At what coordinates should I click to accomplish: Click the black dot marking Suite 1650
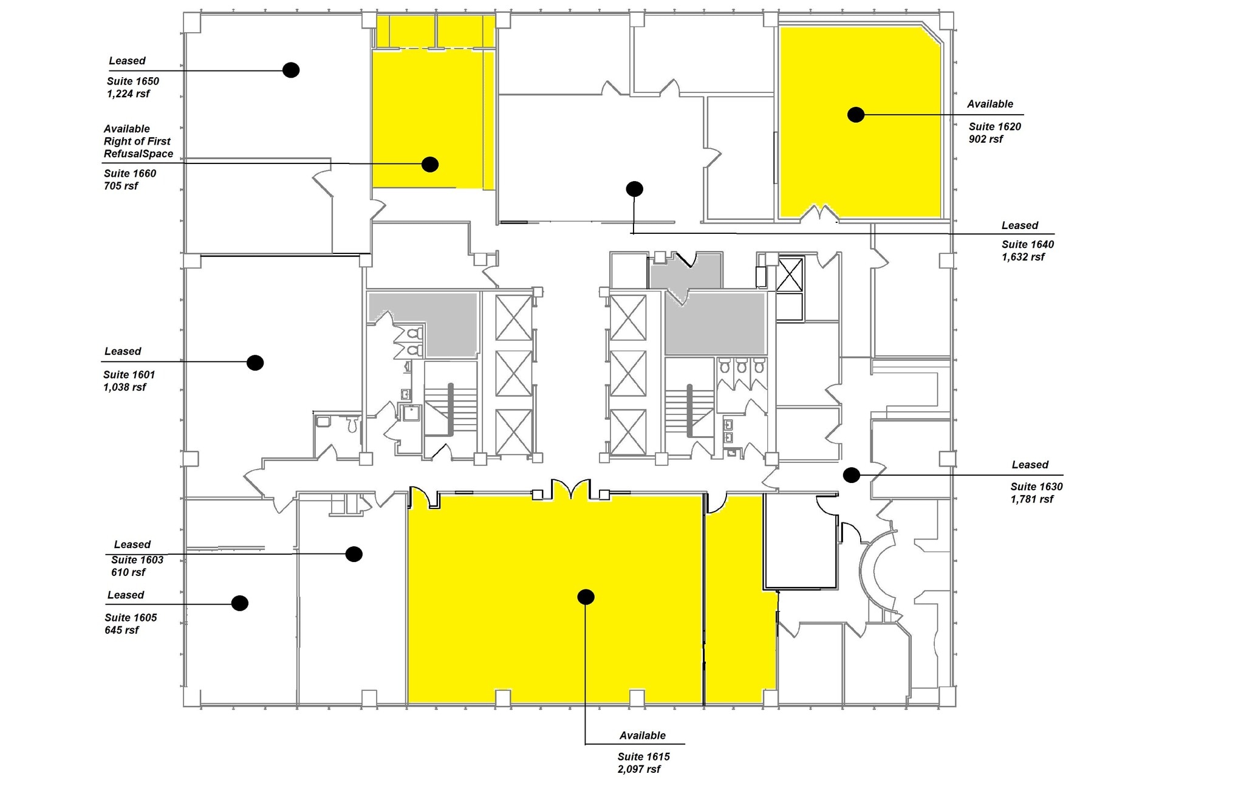(x=291, y=70)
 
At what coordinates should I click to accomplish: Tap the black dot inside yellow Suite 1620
(x=855, y=114)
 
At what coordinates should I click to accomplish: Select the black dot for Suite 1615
(x=586, y=597)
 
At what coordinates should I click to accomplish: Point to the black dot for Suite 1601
(x=255, y=363)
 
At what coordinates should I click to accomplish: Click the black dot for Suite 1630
(x=852, y=475)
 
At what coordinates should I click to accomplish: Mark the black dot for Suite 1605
(x=240, y=603)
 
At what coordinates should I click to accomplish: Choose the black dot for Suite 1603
(x=354, y=554)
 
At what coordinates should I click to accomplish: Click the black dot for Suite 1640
(x=634, y=189)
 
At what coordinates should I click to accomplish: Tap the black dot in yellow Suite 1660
(x=430, y=164)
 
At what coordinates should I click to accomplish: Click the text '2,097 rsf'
(x=639, y=769)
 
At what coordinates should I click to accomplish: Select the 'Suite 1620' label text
(x=994, y=126)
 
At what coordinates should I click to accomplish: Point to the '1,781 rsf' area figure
(x=1032, y=499)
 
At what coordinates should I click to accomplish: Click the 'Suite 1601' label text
(x=129, y=375)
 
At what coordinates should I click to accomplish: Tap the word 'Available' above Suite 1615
(x=642, y=736)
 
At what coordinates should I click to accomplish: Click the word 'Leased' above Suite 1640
(x=1019, y=225)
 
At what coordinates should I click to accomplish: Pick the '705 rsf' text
(x=121, y=186)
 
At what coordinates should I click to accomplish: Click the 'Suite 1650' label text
(x=133, y=81)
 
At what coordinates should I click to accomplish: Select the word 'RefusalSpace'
(x=138, y=154)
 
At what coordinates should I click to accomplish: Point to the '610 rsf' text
(x=128, y=572)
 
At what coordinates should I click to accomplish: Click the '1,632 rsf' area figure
(x=1023, y=257)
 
